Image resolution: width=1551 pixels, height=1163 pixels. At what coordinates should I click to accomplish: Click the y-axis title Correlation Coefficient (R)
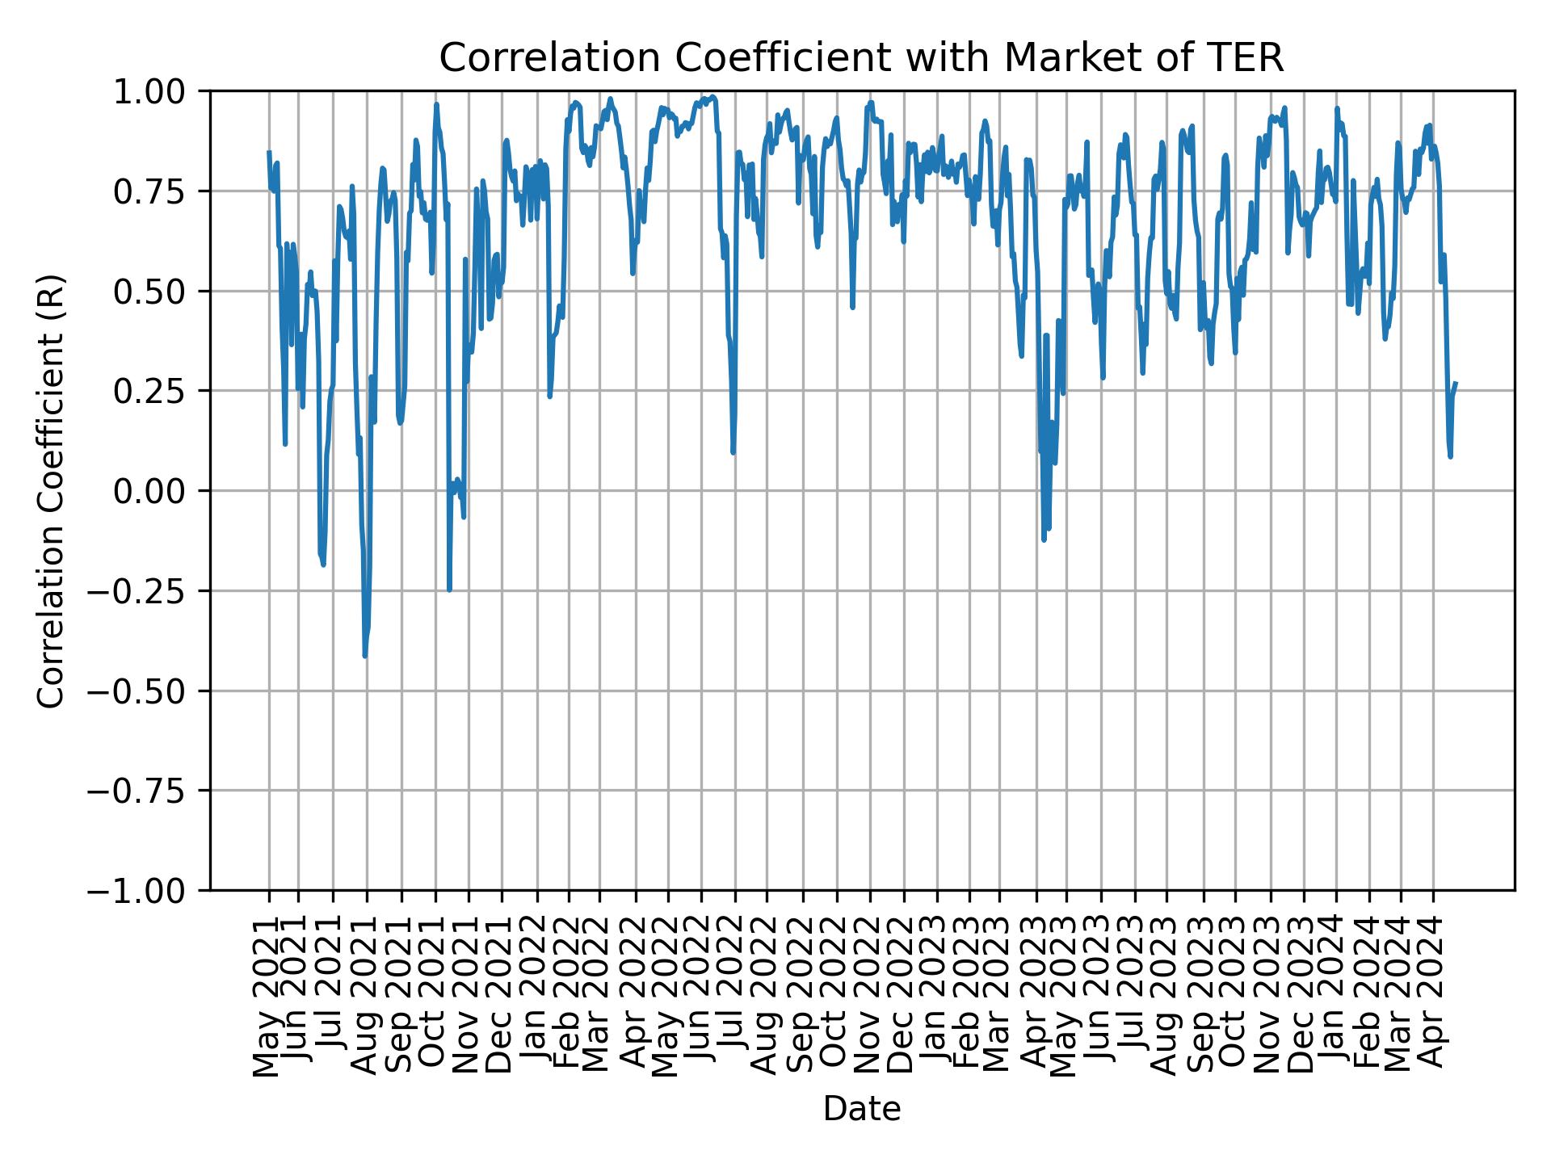[51, 490]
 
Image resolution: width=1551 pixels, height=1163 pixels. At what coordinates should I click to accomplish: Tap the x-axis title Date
[861, 1110]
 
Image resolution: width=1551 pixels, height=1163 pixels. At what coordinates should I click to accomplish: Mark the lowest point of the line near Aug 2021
[365, 656]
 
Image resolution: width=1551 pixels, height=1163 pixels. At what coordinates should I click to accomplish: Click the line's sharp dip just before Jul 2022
[733, 451]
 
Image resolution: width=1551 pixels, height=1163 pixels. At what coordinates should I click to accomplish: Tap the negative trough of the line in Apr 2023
[1044, 540]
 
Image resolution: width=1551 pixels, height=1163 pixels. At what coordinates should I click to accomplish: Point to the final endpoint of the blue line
[1456, 383]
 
